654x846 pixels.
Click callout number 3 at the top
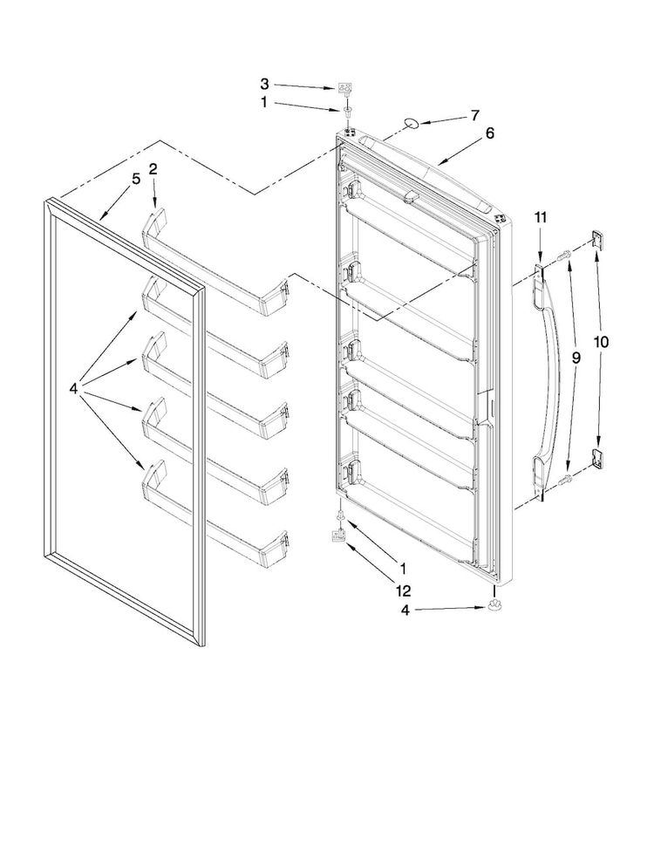click(x=264, y=84)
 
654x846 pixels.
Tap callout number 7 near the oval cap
click(x=474, y=115)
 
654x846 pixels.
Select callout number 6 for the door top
click(x=489, y=133)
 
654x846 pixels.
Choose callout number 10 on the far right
click(x=602, y=343)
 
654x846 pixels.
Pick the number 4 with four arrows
click(x=76, y=389)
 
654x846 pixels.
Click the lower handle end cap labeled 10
click(x=597, y=456)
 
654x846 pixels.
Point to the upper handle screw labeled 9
click(x=562, y=254)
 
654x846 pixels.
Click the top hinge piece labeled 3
click(x=345, y=88)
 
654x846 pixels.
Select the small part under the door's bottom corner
click(x=495, y=607)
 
